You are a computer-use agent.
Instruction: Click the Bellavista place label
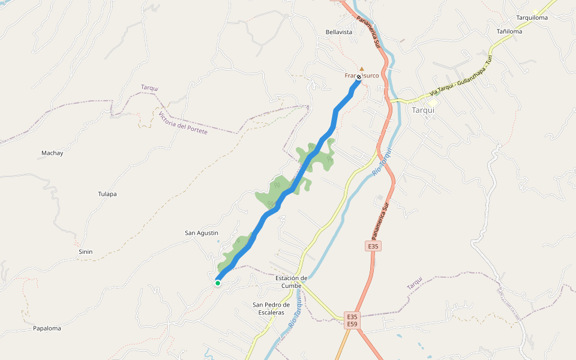click(x=338, y=32)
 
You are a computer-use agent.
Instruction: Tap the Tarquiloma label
click(x=532, y=17)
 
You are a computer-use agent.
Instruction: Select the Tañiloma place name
click(x=509, y=31)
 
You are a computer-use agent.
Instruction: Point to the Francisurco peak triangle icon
click(x=361, y=68)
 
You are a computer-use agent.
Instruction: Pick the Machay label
click(x=52, y=153)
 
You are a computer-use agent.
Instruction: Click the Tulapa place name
click(x=107, y=194)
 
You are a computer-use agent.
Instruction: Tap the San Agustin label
click(x=201, y=233)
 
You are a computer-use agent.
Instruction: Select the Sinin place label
click(x=85, y=251)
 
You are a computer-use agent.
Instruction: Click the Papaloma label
click(x=47, y=328)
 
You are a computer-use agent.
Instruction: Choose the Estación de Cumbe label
click(x=291, y=281)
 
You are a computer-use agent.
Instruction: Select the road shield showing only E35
click(x=373, y=246)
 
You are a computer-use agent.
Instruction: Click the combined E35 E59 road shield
click(x=352, y=320)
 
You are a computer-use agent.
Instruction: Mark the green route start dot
click(x=218, y=283)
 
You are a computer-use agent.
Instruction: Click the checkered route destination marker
click(x=359, y=77)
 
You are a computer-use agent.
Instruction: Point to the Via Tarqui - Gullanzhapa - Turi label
click(x=460, y=76)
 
